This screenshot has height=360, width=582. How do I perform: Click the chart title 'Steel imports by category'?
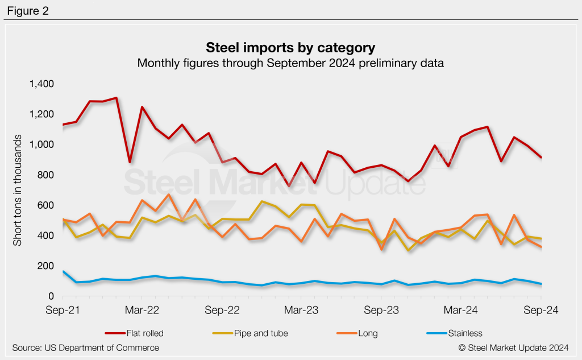pyautogui.click(x=290, y=46)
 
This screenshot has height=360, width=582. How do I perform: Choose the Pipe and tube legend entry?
pyautogui.click(x=250, y=333)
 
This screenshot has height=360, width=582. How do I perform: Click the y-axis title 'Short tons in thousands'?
pyautogui.click(x=18, y=191)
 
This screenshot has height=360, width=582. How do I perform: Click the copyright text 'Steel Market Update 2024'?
pyautogui.click(x=512, y=347)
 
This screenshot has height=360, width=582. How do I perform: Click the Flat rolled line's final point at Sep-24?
pyautogui.click(x=541, y=158)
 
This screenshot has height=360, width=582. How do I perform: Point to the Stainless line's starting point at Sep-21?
pyautogui.click(x=63, y=272)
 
